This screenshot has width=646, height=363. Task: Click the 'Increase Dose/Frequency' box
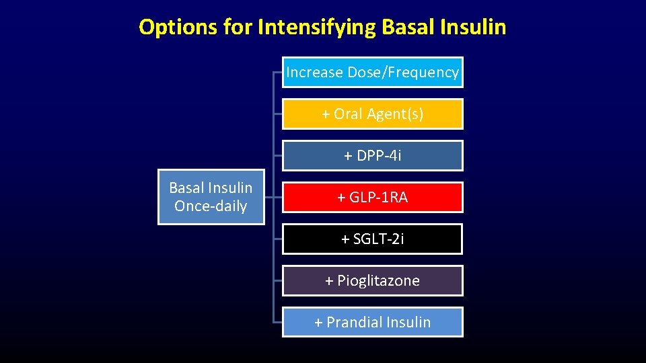click(x=372, y=73)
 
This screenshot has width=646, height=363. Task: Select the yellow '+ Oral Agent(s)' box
click(x=372, y=114)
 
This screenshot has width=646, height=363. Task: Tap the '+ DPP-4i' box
click(x=372, y=156)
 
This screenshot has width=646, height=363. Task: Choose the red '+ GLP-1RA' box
click(x=372, y=198)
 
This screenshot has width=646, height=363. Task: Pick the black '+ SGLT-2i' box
click(x=372, y=239)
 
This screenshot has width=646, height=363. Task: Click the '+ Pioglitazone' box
click(x=372, y=281)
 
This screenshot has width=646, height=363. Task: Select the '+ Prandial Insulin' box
click(x=372, y=323)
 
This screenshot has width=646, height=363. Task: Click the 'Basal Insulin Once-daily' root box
click(x=211, y=197)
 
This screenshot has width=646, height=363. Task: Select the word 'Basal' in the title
click(x=406, y=28)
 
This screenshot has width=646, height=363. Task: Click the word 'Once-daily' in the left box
click(x=211, y=206)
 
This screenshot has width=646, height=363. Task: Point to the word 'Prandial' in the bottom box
click(x=355, y=323)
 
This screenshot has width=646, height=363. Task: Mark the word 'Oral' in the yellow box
click(x=348, y=114)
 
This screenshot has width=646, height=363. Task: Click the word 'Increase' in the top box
click(x=314, y=73)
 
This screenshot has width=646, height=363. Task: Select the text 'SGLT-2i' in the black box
click(x=379, y=239)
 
